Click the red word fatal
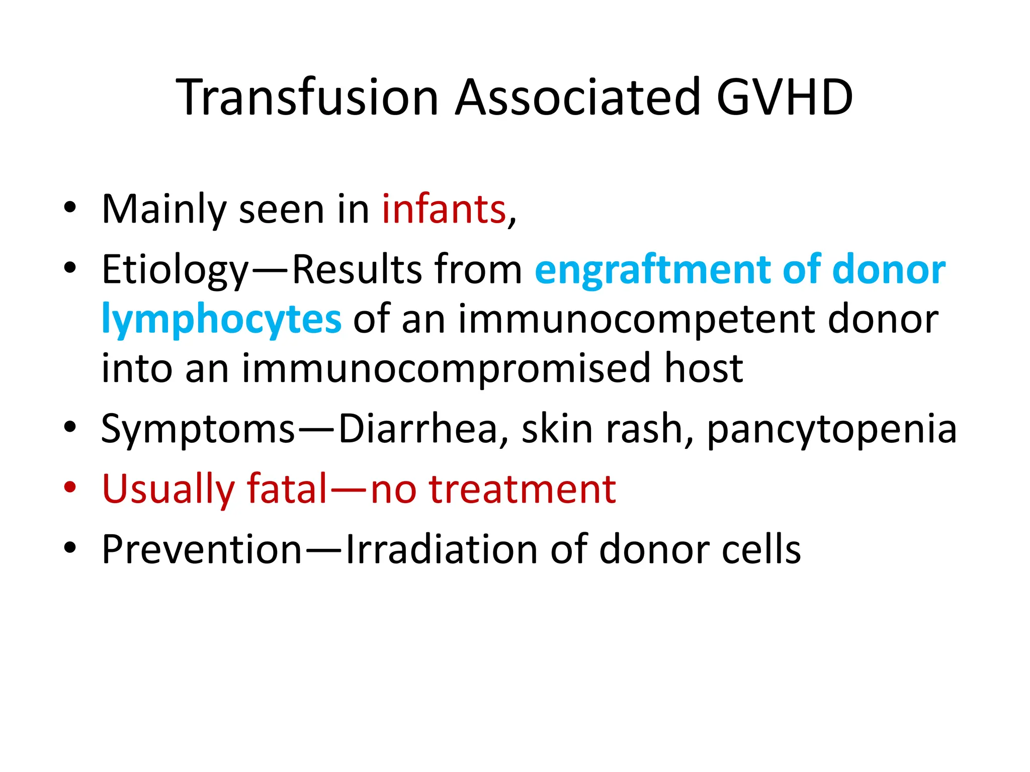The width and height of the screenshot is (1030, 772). point(287,489)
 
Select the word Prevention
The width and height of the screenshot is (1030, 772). point(201,550)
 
